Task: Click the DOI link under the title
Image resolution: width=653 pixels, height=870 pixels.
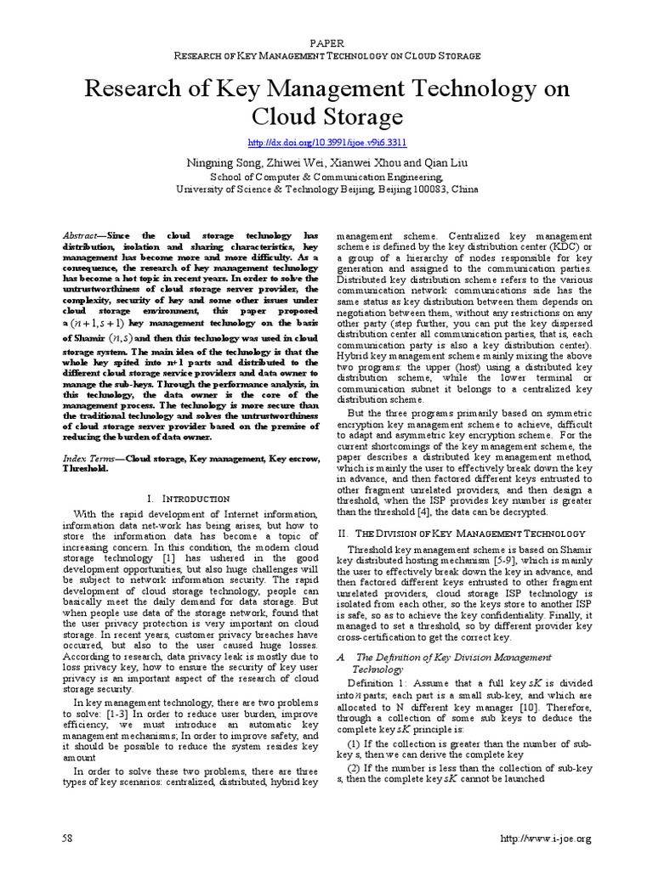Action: click(x=326, y=144)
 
